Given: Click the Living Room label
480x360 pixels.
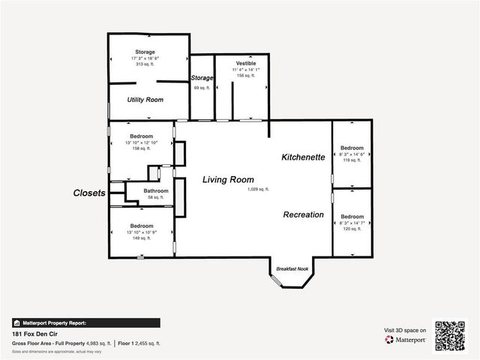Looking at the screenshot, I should point(228,180).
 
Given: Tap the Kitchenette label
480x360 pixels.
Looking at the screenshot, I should point(303,157).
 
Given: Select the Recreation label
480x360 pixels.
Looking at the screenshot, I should point(303,214).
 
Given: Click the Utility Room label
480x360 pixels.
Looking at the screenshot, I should point(145,99).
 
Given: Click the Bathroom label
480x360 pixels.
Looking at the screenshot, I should point(156,190).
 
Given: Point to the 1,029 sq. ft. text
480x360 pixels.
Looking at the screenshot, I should point(258,190).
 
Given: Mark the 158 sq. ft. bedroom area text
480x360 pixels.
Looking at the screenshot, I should point(142,148).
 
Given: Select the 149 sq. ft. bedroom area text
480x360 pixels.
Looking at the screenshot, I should point(142,238).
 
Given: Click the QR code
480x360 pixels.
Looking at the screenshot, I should point(450,335).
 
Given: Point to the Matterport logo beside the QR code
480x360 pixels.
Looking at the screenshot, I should point(405,340).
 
